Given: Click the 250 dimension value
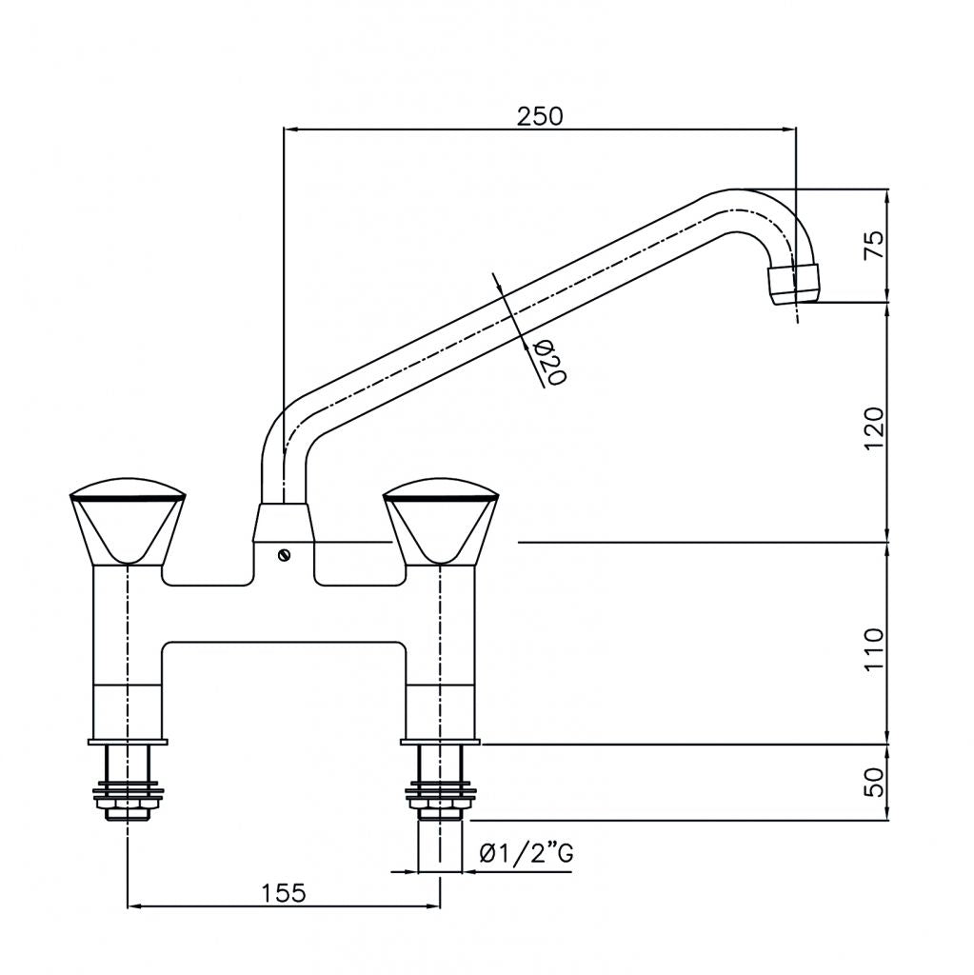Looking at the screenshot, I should (x=540, y=115).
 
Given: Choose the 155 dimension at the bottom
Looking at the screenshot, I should (x=283, y=892).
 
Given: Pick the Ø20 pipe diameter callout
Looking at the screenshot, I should (x=549, y=362).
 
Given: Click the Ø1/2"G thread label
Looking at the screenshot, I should (x=527, y=854).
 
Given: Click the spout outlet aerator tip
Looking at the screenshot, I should (x=793, y=282).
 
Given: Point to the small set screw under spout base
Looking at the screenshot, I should (x=283, y=556).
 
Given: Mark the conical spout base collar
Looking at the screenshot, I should (x=283, y=524).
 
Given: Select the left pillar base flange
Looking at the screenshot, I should (x=128, y=740).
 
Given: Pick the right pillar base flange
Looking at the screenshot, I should (x=439, y=740).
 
